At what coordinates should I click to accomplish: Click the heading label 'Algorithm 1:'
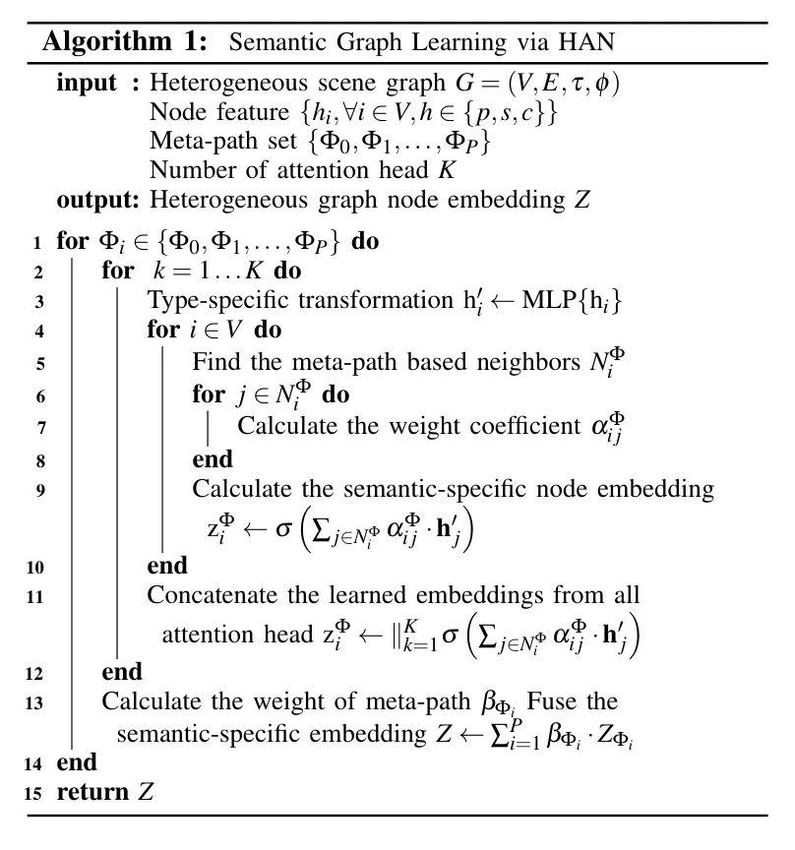(129, 42)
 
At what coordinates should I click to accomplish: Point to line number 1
(36, 242)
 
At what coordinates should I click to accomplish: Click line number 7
(36, 427)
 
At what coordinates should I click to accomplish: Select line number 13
(36, 702)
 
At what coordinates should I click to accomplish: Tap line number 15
(36, 793)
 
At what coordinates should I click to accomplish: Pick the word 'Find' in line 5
(214, 363)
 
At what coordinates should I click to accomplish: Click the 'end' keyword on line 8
(213, 458)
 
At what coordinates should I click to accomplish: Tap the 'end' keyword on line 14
(77, 762)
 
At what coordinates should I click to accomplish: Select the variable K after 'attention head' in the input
(446, 169)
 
